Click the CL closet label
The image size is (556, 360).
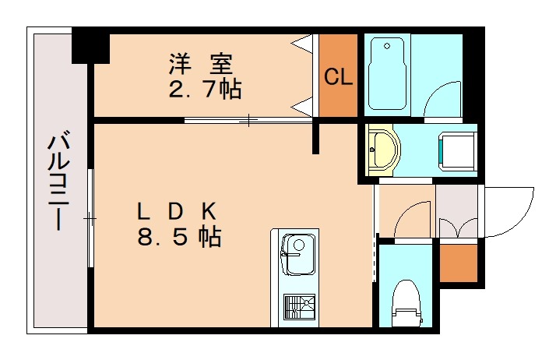coord(339,76)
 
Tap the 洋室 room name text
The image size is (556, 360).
coord(202,62)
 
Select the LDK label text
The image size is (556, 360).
coord(177,210)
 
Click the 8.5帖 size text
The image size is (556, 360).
coord(179,237)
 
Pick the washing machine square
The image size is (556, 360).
coord(457,150)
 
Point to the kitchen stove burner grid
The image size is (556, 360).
coord(299,308)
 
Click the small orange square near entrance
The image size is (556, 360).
coord(456,263)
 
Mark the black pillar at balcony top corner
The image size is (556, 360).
coord(90,45)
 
